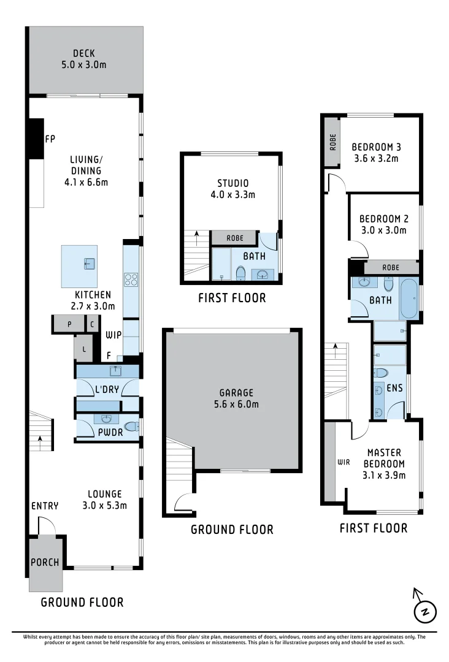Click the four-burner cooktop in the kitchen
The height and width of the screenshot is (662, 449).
click(131, 280)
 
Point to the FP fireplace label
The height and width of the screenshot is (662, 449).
click(50, 140)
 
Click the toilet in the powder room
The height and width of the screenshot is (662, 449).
click(131, 427)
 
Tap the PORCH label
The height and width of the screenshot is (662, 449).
click(45, 563)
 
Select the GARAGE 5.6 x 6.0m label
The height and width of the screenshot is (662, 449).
click(232, 398)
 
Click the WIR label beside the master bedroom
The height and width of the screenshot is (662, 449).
click(343, 462)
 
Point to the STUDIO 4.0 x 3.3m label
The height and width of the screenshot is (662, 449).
click(232, 189)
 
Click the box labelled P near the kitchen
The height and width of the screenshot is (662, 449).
click(69, 324)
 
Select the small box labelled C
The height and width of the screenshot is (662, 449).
click(92, 324)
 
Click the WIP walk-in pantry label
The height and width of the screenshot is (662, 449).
click(112, 335)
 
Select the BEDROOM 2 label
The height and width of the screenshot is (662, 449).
click(384, 224)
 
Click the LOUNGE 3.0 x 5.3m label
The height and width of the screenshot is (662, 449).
click(104, 500)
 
